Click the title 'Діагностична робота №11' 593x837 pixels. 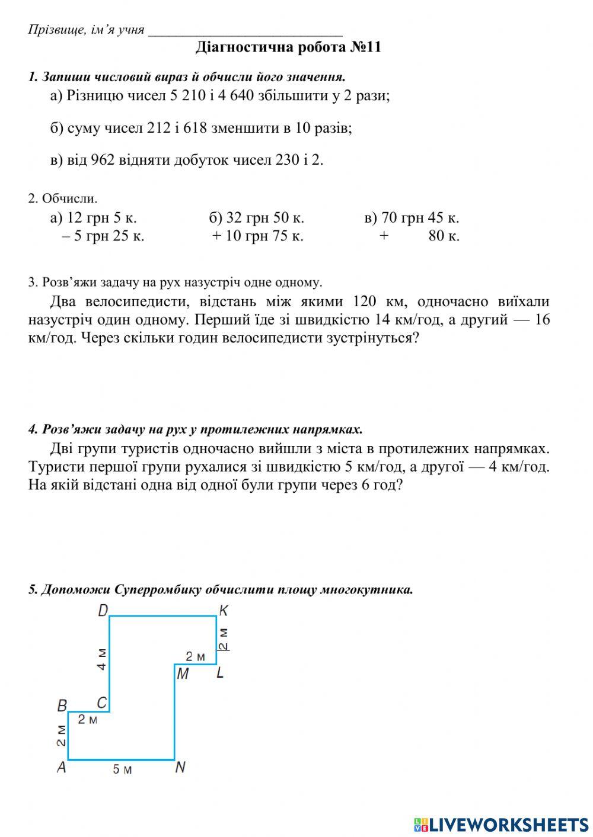pos(288,47)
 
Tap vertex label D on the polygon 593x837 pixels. pos(103,610)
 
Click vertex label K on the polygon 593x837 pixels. pos(224,610)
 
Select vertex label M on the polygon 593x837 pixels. pos(182,674)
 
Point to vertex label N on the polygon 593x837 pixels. pos(181,767)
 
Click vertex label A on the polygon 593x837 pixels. pos(61,767)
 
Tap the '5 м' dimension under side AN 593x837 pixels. pos(122,769)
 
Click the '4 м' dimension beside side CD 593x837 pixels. pos(102,659)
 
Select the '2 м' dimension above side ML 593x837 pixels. pos(195,656)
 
